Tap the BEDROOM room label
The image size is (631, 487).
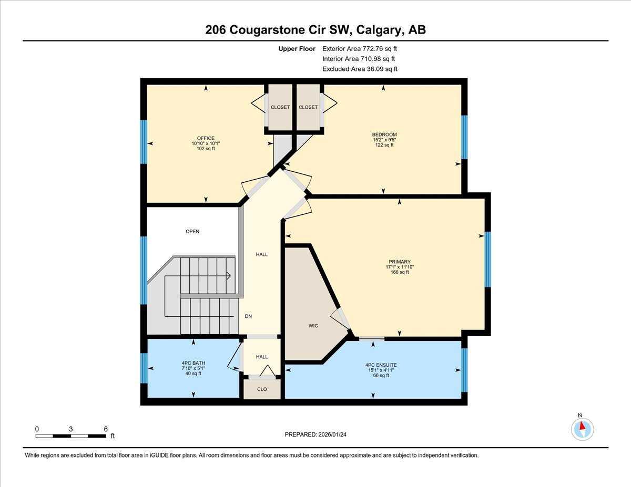pyautogui.click(x=384, y=134)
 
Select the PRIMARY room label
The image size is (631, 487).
pyautogui.click(x=399, y=262)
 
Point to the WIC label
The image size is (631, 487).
pyautogui.click(x=313, y=326)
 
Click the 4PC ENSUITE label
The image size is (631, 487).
pyautogui.click(x=381, y=365)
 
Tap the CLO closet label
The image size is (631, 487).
pyautogui.click(x=262, y=389)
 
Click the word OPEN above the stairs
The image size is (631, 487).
pyautogui.click(x=192, y=231)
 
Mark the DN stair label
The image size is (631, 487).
pyautogui.click(x=249, y=316)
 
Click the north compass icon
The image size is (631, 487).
pyautogui.click(x=582, y=429)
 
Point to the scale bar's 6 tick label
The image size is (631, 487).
pyautogui.click(x=106, y=429)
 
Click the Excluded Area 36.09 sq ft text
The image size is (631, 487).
pyautogui.click(x=360, y=69)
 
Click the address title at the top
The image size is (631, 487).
pyautogui.click(x=315, y=30)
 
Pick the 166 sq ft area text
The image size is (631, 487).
pyautogui.click(x=399, y=272)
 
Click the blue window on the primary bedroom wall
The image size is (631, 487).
pyautogui.click(x=487, y=259)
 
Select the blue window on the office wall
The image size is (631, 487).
pyautogui.click(x=144, y=142)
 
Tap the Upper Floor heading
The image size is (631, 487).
pyautogui.click(x=297, y=49)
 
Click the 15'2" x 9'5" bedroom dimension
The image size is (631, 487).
pyautogui.click(x=384, y=140)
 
